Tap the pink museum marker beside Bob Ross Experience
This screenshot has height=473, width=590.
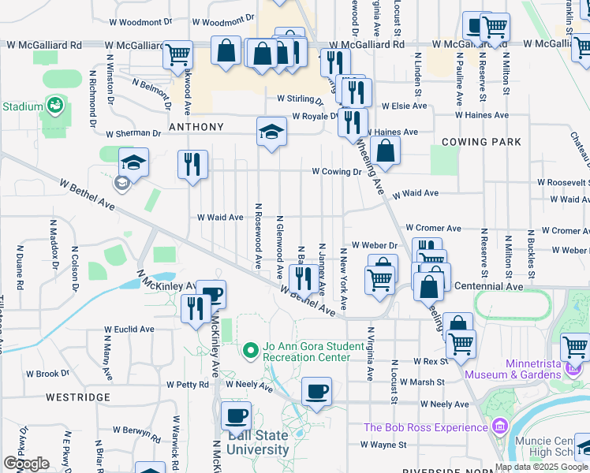[499, 427]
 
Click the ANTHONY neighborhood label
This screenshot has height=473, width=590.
[196, 127]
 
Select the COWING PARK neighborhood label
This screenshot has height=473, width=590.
[482, 142]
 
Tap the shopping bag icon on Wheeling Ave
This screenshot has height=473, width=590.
[386, 151]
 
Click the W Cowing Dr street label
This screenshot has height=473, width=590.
[336, 171]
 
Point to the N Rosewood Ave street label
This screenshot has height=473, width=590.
[258, 235]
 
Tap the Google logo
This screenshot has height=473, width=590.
[27, 464]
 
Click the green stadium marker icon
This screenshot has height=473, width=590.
[54, 104]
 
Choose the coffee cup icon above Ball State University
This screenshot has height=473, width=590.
[236, 415]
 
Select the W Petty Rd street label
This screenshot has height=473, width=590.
[187, 385]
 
